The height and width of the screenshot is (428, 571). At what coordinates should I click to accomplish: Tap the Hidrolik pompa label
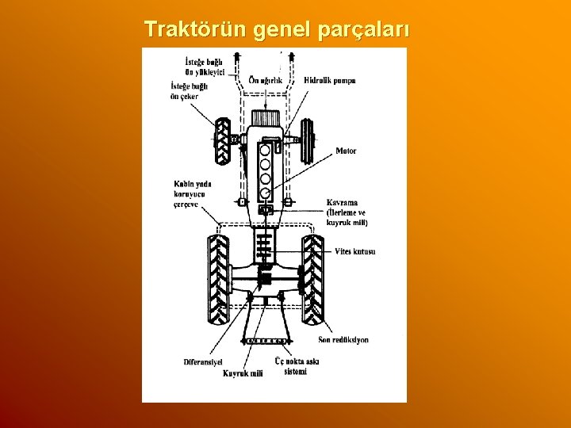[x=330, y=80]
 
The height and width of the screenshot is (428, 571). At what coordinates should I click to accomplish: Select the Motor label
[x=346, y=151]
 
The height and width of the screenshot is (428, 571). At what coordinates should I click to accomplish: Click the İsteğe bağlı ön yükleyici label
[x=205, y=67]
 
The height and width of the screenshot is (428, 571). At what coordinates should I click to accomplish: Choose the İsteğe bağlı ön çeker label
[x=189, y=91]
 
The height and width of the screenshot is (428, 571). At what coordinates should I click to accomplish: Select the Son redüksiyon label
[x=343, y=340]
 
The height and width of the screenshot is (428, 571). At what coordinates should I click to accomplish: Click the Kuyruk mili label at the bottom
[x=243, y=373]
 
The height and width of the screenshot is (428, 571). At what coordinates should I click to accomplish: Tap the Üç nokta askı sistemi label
[x=297, y=365]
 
